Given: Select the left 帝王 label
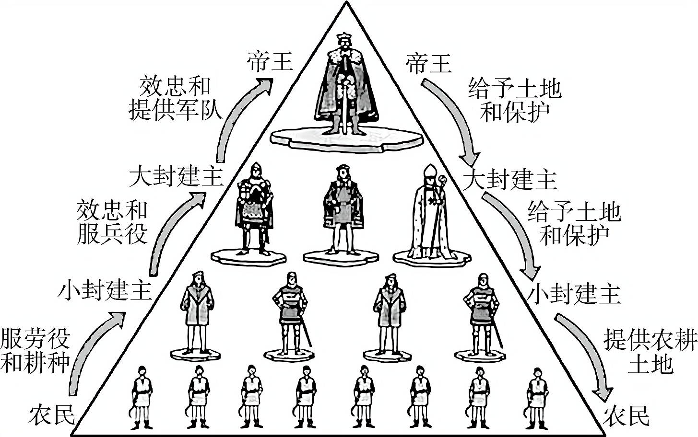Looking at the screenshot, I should coord(270,61).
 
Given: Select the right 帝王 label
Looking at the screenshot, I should coord(428,62).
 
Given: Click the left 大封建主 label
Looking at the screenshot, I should coord(176,176).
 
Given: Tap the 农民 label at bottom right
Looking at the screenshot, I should coord(626,415).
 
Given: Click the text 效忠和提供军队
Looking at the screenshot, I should coord(175,98).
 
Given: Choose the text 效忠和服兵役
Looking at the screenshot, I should coord(111,222).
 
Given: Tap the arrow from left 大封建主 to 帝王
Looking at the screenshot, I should coord(235,120).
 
